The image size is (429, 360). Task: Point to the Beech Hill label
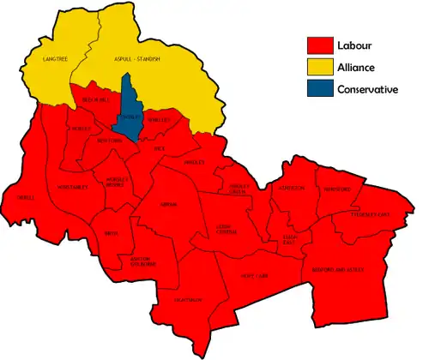tap(94, 101)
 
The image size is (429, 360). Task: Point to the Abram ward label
tap(168, 204)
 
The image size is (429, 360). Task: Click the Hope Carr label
tap(257, 277)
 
